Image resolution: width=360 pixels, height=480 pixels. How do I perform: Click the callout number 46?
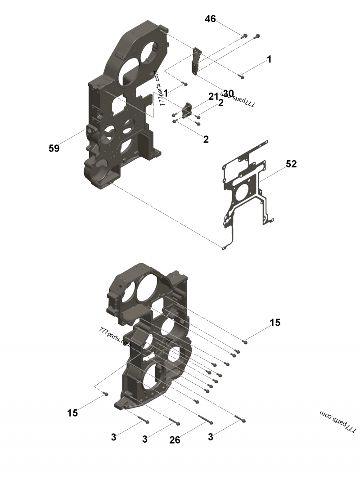[210, 19]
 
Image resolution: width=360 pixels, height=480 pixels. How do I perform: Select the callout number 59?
[54, 148]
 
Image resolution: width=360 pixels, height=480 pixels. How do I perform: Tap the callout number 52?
[291, 164]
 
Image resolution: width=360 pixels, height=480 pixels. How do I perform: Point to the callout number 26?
[175, 440]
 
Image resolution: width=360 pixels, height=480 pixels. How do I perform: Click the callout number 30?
[228, 93]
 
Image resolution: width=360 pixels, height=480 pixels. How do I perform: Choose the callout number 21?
[213, 96]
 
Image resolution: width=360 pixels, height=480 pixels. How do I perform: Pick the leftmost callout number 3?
[114, 437]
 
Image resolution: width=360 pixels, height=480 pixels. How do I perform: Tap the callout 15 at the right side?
[275, 323]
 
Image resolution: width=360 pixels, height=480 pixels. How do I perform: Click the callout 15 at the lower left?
[72, 413]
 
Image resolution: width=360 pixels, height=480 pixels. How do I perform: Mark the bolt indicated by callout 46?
[244, 36]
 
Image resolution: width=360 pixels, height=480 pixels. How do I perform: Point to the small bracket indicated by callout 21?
[187, 109]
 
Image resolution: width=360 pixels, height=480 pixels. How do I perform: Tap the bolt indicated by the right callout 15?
[245, 342]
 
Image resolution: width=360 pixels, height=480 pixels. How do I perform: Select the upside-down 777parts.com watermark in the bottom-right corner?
[337, 422]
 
